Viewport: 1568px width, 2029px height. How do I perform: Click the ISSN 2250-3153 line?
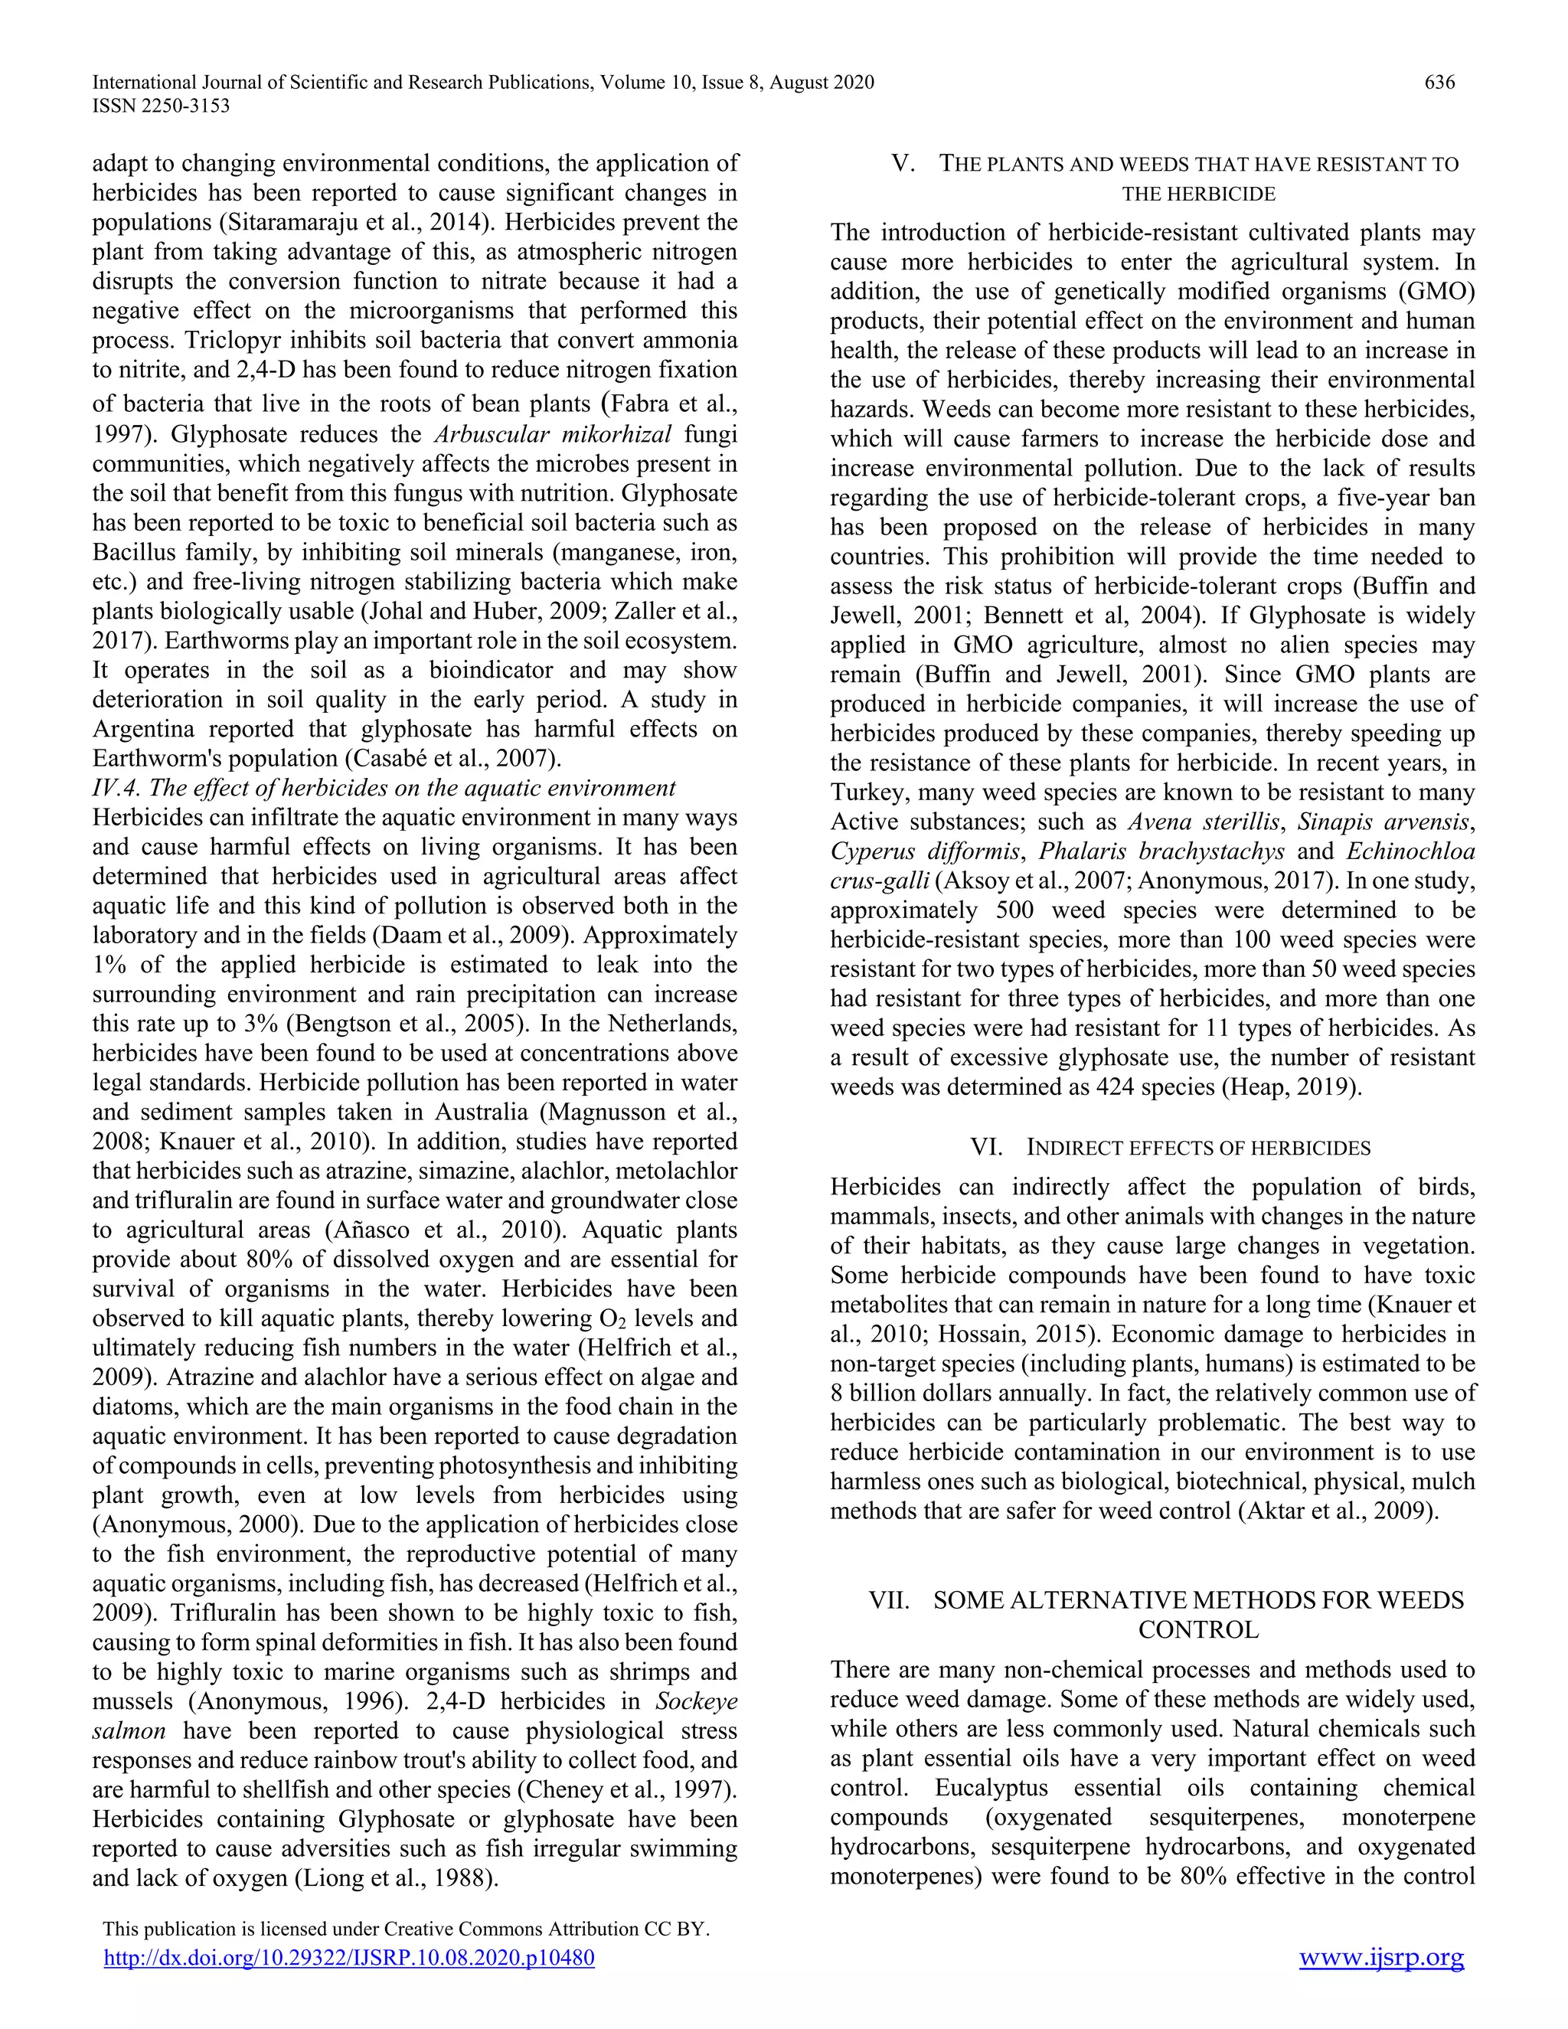tap(161, 106)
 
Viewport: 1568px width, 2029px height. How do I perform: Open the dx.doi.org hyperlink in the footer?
tap(348, 1959)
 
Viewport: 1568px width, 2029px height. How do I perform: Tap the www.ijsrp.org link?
tap(1380, 1958)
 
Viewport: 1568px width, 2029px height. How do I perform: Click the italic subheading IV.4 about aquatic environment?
tap(384, 788)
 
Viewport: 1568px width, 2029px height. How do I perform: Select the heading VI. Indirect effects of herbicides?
tap(1170, 1148)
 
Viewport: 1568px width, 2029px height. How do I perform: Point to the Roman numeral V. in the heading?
tap(902, 165)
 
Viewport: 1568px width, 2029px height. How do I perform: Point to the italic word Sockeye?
tap(696, 1702)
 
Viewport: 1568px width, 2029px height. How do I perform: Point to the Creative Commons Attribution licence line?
tap(406, 1929)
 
